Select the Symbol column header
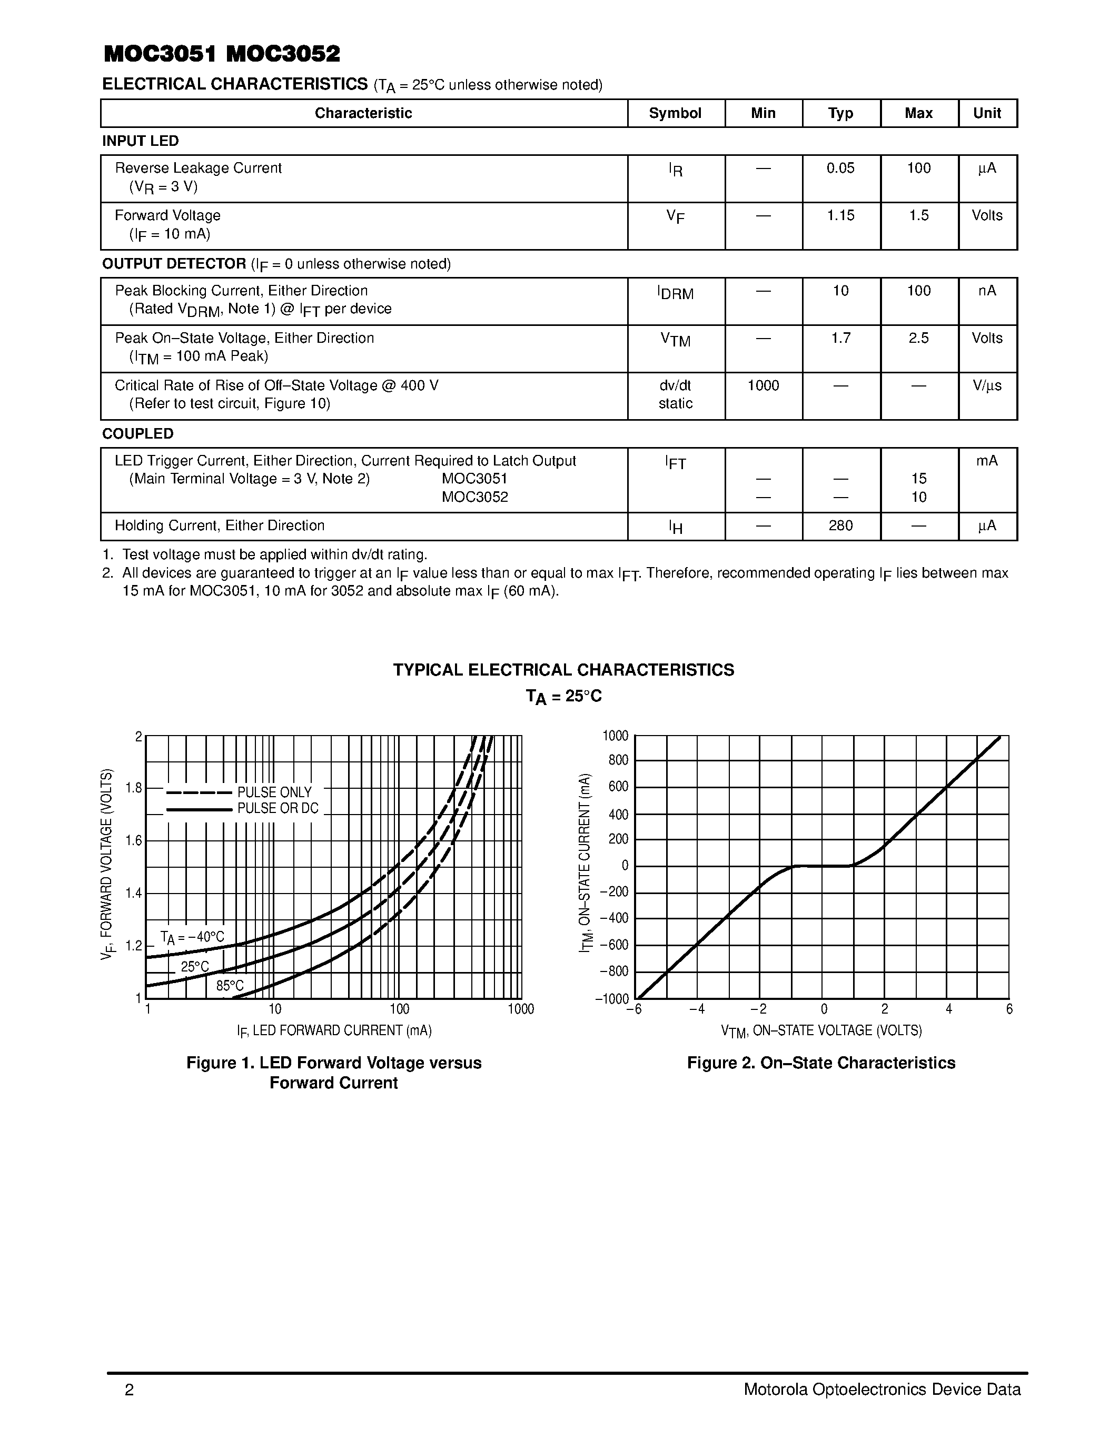coord(675,113)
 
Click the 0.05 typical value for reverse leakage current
coord(840,168)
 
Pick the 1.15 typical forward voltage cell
coord(840,215)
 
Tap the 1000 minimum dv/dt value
coord(762,386)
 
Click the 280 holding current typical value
coord(840,526)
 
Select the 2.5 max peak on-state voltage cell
coord(918,338)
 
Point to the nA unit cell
coord(986,291)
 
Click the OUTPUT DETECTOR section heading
coord(174,264)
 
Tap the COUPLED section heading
coord(138,433)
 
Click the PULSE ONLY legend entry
coord(274,792)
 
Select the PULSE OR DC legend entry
coord(278,808)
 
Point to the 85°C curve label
coord(230,986)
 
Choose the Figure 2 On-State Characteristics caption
coord(821,1063)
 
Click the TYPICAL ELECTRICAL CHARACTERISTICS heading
coord(563,670)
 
